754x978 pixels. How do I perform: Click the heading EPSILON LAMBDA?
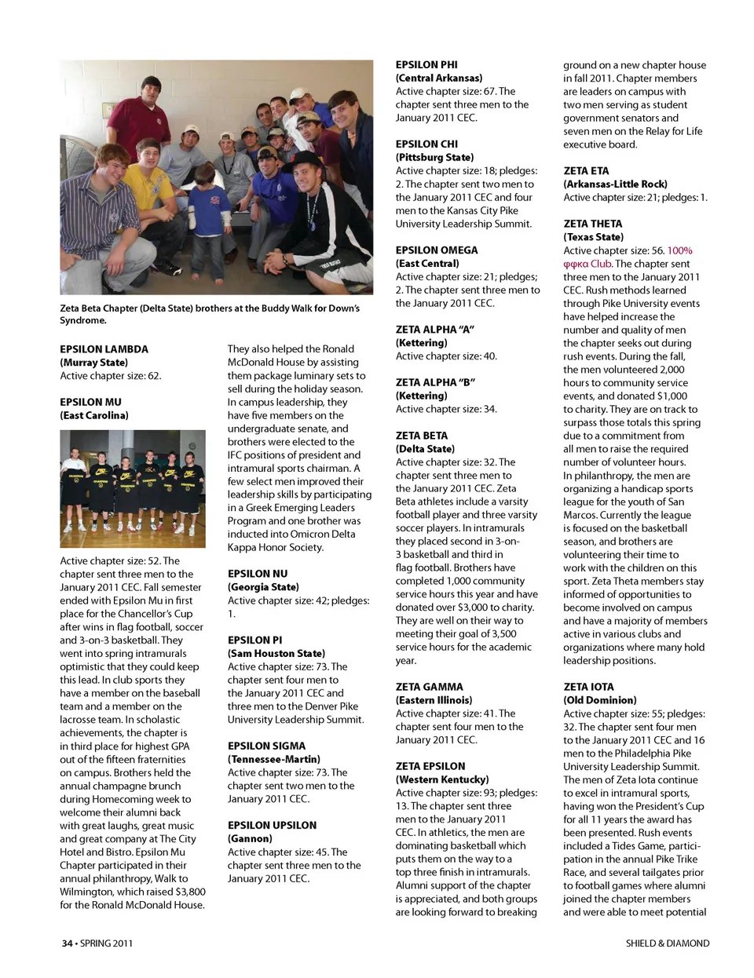[x=104, y=349]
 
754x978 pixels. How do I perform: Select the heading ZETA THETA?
[x=592, y=224]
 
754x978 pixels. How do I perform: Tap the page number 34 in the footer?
[x=68, y=943]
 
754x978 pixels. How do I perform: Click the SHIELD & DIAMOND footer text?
[x=667, y=943]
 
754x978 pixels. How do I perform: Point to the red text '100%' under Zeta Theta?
[x=679, y=250]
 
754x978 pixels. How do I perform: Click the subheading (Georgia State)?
[x=263, y=587]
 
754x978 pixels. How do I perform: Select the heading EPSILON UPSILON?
[x=272, y=826]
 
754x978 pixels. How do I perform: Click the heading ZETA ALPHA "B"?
[x=435, y=382]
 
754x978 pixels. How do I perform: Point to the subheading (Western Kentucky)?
[x=441, y=779]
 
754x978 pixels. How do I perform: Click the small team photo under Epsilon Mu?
[x=133, y=488]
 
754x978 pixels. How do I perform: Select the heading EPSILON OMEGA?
[x=436, y=250]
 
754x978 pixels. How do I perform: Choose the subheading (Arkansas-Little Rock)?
[x=615, y=184]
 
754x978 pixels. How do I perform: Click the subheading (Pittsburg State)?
[x=434, y=157]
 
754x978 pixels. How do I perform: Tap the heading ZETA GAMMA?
[x=429, y=687]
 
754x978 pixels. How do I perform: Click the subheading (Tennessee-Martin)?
[x=274, y=759]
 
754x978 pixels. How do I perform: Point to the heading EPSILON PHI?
[x=426, y=65]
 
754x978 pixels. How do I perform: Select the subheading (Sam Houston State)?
[x=276, y=653]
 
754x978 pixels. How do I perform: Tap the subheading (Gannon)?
[x=250, y=838]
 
